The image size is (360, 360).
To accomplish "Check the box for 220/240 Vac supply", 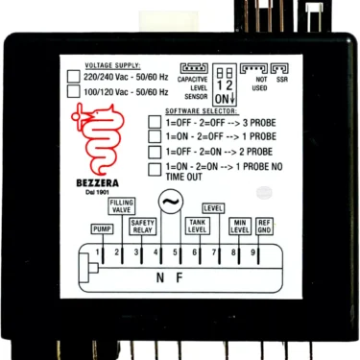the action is [73, 76].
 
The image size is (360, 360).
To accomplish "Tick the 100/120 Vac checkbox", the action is [73, 92].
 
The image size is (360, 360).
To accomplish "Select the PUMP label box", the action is [102, 230].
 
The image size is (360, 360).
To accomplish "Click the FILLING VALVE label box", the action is [122, 206].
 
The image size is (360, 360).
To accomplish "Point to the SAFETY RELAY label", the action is [142, 227].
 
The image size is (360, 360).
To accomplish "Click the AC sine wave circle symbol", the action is [170, 203].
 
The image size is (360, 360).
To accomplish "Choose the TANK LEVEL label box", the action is [197, 227].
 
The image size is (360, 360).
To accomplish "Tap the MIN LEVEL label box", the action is [241, 227].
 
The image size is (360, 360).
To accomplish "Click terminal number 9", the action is [253, 252].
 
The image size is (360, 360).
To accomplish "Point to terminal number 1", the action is [99, 252].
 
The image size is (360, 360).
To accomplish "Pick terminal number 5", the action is [176, 252].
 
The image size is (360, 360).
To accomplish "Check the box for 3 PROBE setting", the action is [154, 123].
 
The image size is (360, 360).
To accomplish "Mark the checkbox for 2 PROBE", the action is [154, 153].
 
